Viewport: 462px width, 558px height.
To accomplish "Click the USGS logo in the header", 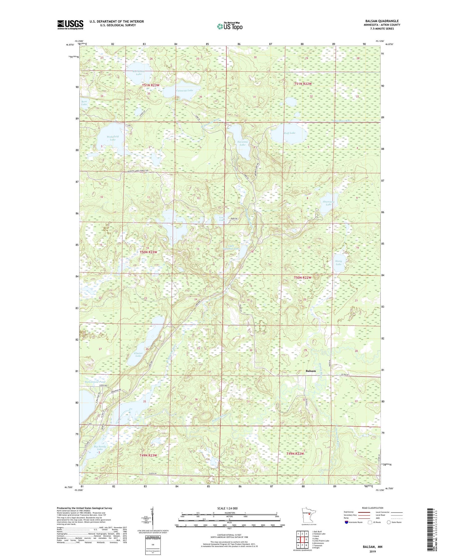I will (x=70, y=25).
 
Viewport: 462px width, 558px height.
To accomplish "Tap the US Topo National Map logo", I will (x=229, y=26).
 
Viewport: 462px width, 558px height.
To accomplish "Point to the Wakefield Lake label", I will (x=112, y=138).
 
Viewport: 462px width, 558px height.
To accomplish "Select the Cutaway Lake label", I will (x=184, y=90).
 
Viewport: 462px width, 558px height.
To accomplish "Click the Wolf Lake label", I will (x=289, y=133).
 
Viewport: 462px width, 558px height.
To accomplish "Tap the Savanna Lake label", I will (x=242, y=143).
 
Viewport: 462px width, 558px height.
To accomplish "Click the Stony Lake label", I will (x=338, y=263).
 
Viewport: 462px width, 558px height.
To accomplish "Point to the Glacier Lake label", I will (x=138, y=354).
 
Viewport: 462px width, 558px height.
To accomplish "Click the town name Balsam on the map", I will (x=310, y=371).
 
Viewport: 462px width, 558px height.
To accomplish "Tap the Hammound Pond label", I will (x=95, y=382).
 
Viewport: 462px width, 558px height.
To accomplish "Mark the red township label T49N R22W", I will (x=295, y=454).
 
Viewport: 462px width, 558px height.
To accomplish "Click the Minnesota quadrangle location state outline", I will (x=307, y=515).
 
